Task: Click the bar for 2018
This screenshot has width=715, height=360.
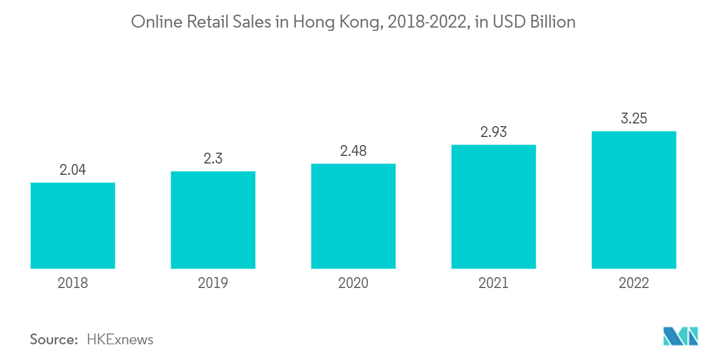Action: [x=73, y=225]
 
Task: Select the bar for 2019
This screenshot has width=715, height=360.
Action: [x=213, y=220]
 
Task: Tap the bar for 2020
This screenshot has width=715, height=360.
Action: [x=353, y=216]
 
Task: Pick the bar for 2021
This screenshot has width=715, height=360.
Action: [x=493, y=206]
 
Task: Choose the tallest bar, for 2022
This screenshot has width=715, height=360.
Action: [x=634, y=200]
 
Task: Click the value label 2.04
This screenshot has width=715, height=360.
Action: [x=73, y=170]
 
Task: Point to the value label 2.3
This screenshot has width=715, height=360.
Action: [x=213, y=159]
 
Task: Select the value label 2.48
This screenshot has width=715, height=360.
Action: [x=353, y=151]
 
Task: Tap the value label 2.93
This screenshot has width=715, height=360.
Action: [x=493, y=132]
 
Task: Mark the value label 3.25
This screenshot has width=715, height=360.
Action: [x=634, y=119]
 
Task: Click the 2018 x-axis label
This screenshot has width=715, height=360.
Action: [x=73, y=283]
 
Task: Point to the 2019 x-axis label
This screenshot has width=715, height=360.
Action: [x=213, y=283]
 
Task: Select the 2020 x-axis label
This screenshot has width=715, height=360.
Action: [x=353, y=283]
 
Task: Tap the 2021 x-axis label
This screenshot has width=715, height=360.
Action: [x=493, y=283]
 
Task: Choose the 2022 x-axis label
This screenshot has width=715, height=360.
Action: [x=634, y=283]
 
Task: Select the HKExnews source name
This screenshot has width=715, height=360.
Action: [x=120, y=340]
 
